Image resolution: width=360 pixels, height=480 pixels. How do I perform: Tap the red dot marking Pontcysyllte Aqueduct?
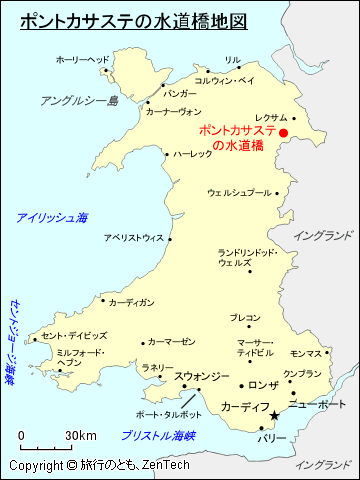(283, 132)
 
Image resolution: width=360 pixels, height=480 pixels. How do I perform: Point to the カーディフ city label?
(244, 408)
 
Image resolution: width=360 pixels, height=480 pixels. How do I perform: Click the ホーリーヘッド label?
(83, 60)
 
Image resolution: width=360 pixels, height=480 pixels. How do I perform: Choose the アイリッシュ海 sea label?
(52, 217)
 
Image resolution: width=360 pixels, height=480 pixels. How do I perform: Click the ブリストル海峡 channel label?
(158, 436)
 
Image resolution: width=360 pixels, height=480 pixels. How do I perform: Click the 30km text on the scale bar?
(81, 436)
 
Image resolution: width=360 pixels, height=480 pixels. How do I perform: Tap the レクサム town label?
(271, 117)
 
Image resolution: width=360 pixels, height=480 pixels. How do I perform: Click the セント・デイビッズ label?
(74, 336)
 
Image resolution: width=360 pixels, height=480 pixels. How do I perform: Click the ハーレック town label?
(192, 154)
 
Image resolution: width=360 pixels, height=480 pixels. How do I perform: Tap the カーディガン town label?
(131, 301)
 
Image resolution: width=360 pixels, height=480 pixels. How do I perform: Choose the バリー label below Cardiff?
(271, 439)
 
